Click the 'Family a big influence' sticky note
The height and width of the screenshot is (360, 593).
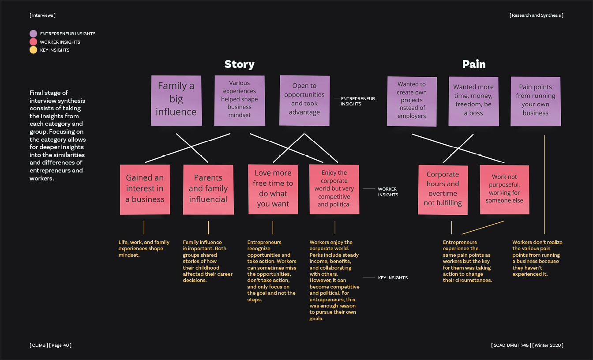coord(176,100)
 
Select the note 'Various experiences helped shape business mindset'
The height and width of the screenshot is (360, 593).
coord(240,100)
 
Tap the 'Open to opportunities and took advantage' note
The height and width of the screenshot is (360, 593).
coord(304,100)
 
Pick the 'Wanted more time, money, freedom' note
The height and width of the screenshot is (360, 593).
coord(473,101)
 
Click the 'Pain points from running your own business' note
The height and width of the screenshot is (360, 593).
coord(535,101)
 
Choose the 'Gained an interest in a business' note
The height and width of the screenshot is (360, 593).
coord(145,189)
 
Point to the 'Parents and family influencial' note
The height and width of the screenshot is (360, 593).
coord(208,189)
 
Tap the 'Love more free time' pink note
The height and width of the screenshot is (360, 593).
coord(273,189)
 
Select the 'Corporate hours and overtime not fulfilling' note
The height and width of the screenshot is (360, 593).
coord(443,189)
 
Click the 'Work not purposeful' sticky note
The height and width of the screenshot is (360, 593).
coord(504,189)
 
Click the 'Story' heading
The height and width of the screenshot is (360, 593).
coord(239,64)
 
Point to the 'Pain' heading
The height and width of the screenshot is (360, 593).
coord(473,64)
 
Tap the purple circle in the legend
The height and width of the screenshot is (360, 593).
coord(33,34)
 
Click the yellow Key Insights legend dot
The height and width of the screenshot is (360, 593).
coord(33,50)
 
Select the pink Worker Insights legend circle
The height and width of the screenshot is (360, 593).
coord(33,42)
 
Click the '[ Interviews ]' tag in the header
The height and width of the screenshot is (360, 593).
coord(43,15)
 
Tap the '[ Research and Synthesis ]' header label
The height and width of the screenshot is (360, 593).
coord(536,15)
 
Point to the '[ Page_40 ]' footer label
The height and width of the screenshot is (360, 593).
coord(60,345)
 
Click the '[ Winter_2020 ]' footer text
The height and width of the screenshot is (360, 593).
coord(548,345)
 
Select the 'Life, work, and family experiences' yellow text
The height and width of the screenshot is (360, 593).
coord(144,249)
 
